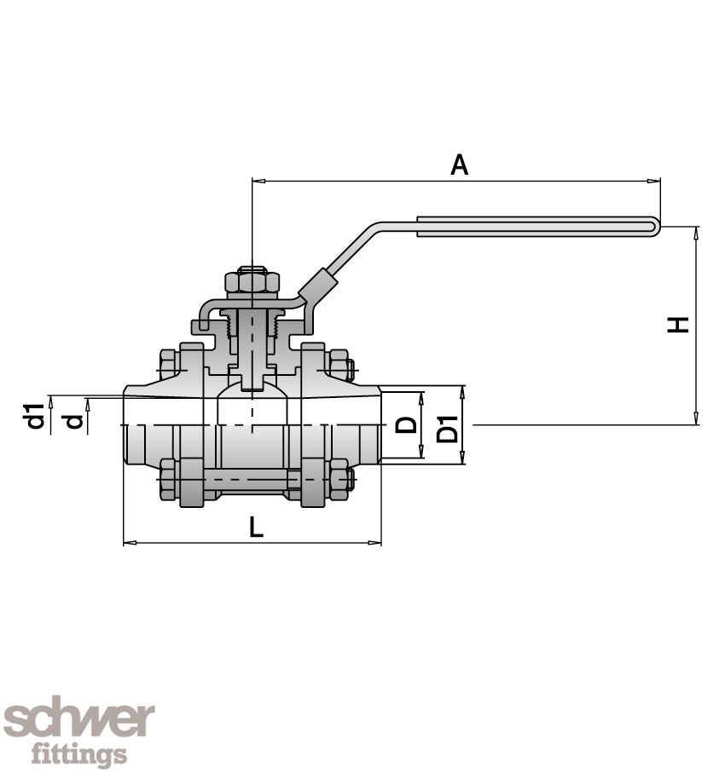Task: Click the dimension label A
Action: [x=460, y=164]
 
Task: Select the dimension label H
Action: [x=679, y=324]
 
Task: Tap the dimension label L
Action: [x=256, y=528]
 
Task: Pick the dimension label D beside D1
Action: [x=408, y=424]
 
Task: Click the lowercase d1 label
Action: [x=35, y=416]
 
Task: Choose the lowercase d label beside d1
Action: [x=75, y=420]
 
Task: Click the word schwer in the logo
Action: [x=79, y=720]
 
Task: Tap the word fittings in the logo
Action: [x=79, y=754]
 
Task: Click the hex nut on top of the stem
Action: [x=252, y=280]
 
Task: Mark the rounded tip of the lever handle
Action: [x=657, y=227]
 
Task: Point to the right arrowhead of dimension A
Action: [x=657, y=181]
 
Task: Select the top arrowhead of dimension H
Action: [x=697, y=230]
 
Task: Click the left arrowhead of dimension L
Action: [x=128, y=542]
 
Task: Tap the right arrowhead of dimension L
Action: [x=377, y=542]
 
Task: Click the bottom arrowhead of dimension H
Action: [x=697, y=420]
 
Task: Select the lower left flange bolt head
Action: [x=167, y=480]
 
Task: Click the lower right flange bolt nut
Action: [x=339, y=480]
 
